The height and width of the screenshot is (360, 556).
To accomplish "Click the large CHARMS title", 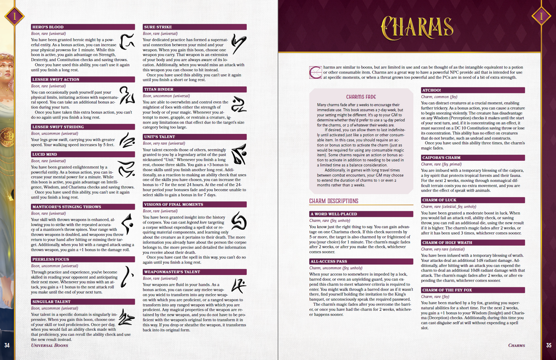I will [x=417, y=28].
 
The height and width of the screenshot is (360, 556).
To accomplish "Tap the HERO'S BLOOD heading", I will [x=48, y=27].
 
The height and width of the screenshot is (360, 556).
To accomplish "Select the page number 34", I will [x=7, y=345].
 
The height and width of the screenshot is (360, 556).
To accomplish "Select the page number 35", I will [x=549, y=345].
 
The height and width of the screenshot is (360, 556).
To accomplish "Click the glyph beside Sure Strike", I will [x=238, y=44].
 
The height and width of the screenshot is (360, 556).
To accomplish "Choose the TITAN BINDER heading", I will [x=159, y=89].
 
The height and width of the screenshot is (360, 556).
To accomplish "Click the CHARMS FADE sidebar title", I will [x=361, y=97].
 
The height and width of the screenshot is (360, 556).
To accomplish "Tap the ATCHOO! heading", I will [x=431, y=90].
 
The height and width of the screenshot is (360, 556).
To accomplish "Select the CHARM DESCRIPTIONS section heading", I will [x=334, y=201].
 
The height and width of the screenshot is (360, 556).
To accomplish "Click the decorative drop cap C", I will [x=315, y=72].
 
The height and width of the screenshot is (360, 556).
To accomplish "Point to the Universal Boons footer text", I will [x=49, y=345].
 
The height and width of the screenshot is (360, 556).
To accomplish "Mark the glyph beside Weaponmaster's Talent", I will [x=239, y=285].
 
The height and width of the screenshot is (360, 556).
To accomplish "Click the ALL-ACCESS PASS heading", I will [x=329, y=262].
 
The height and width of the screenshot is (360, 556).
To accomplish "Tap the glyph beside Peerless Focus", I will [x=127, y=277].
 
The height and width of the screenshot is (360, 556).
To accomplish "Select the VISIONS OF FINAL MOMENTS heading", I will [x=174, y=205].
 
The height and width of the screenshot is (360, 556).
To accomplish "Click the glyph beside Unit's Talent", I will [x=239, y=154].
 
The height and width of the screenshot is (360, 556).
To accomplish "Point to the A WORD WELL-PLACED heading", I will [x=334, y=214].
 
